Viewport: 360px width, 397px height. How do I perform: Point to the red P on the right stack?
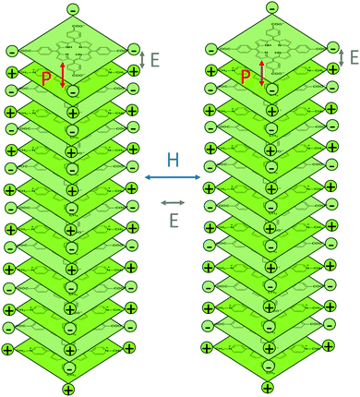click(246, 78)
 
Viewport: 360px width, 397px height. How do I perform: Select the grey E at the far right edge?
click(353, 57)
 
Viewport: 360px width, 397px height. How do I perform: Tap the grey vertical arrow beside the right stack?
click(342, 56)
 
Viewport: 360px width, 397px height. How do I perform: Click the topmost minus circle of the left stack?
click(73, 9)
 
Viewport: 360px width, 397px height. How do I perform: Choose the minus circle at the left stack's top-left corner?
click(13, 49)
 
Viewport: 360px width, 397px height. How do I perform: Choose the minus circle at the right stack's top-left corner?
click(211, 49)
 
